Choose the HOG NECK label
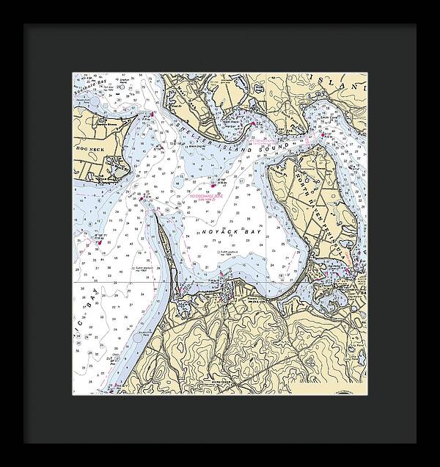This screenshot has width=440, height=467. [x=87, y=148]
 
